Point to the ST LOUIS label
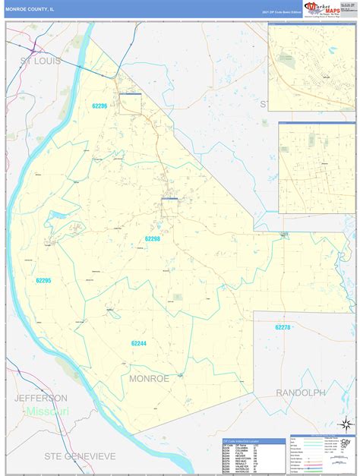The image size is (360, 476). tap(40, 60)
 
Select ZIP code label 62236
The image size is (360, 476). tap(99, 106)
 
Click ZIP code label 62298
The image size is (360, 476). tap(153, 238)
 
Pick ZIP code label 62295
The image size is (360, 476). tap(43, 280)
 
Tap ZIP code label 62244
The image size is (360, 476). tap(138, 343)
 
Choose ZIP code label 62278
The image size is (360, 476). tap(282, 327)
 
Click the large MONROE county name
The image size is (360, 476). tap(149, 377)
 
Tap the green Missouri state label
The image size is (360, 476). tap(46, 411)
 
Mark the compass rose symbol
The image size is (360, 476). tap(346, 421)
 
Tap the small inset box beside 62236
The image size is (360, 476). tap(131, 93)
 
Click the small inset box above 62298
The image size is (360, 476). tap(169, 199)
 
